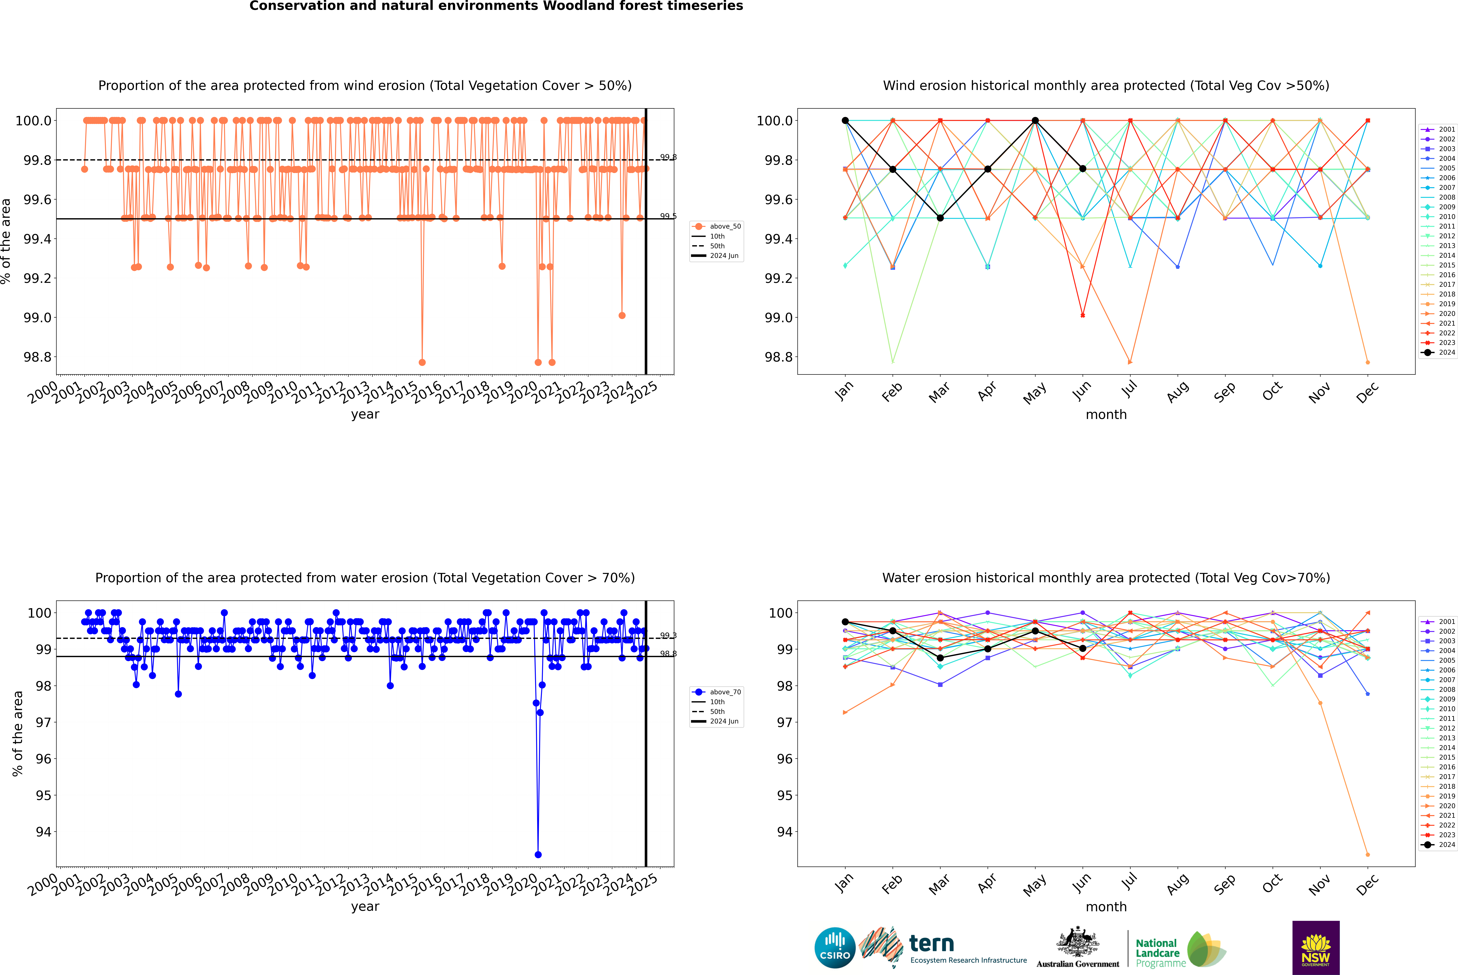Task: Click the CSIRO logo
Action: pos(835,948)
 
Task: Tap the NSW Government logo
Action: pos(1316,948)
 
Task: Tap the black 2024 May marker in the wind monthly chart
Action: pos(1035,121)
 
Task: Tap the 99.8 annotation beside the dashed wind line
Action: pos(668,157)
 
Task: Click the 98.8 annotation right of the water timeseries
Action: pos(668,654)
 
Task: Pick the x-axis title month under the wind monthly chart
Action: pos(1106,415)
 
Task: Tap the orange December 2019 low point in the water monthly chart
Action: pos(1367,854)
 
